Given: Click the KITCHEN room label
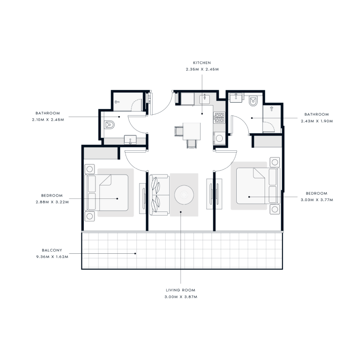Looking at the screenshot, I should [x=202, y=63].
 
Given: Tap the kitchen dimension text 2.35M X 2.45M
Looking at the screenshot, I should [x=202, y=69].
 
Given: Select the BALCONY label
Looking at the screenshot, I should [x=53, y=250].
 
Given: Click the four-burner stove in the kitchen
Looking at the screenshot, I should [x=220, y=118].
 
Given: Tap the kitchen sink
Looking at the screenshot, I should [x=205, y=97].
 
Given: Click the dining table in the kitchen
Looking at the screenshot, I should [x=193, y=131].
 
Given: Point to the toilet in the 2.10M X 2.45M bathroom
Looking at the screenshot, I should [x=109, y=125].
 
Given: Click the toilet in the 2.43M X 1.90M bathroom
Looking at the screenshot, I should [x=253, y=101].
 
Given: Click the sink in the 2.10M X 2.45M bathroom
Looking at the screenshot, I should [x=130, y=140].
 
